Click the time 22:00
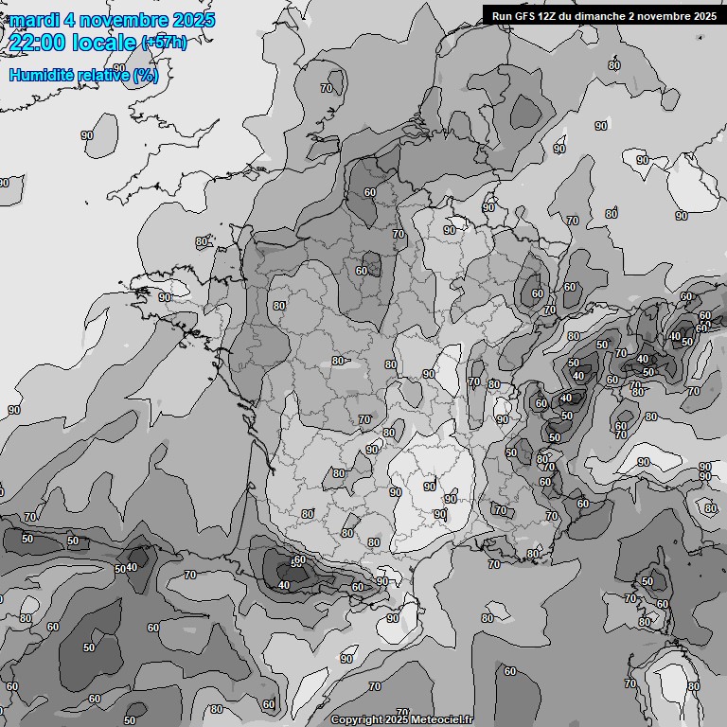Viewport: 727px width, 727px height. tap(37, 43)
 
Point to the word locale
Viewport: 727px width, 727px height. tap(103, 43)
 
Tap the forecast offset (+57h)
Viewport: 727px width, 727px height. tap(164, 43)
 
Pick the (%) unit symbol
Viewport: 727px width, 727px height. tap(146, 76)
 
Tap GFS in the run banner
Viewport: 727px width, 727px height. tap(528, 16)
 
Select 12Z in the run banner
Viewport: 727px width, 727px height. tap(555, 16)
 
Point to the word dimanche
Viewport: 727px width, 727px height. tap(612, 16)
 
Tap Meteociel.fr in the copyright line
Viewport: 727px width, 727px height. tap(439, 720)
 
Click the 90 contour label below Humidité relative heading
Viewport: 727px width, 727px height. tap(87, 136)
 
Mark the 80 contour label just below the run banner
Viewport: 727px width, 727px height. tap(614, 65)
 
